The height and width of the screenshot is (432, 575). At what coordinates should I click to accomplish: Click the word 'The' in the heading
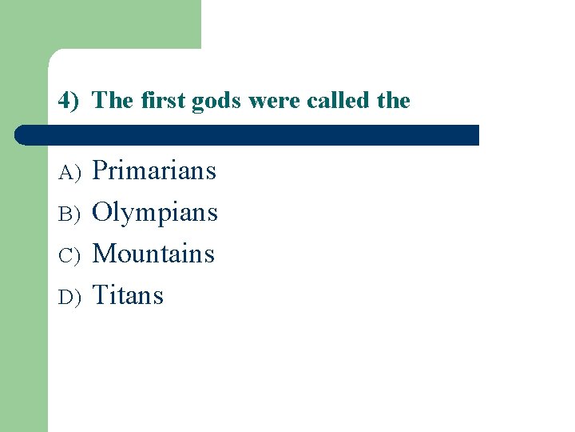[x=112, y=101]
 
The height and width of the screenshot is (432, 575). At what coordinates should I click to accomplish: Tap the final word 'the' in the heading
[x=393, y=101]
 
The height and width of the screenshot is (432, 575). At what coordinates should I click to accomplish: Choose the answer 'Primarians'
[x=154, y=170]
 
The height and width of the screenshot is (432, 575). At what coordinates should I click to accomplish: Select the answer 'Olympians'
[x=155, y=213]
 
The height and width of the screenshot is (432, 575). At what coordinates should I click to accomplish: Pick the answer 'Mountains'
[x=153, y=254]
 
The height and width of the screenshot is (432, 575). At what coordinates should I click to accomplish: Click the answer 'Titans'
[x=128, y=295]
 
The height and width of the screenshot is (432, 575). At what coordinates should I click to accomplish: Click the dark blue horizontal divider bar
[x=247, y=134]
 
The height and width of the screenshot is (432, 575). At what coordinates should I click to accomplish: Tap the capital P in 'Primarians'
[x=101, y=170]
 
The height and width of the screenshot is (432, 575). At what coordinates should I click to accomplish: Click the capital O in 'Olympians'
[x=102, y=212]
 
